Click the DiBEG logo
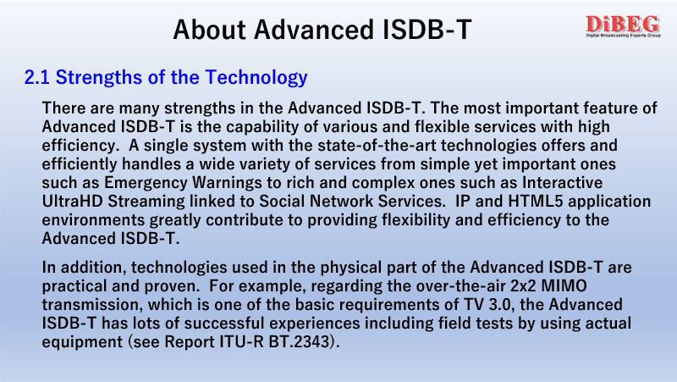click(623, 26)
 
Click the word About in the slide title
click(209, 30)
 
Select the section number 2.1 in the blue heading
click(37, 77)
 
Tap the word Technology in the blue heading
click(256, 78)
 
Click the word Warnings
click(227, 183)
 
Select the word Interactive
click(562, 182)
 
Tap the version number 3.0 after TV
click(501, 305)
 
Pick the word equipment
click(82, 342)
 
